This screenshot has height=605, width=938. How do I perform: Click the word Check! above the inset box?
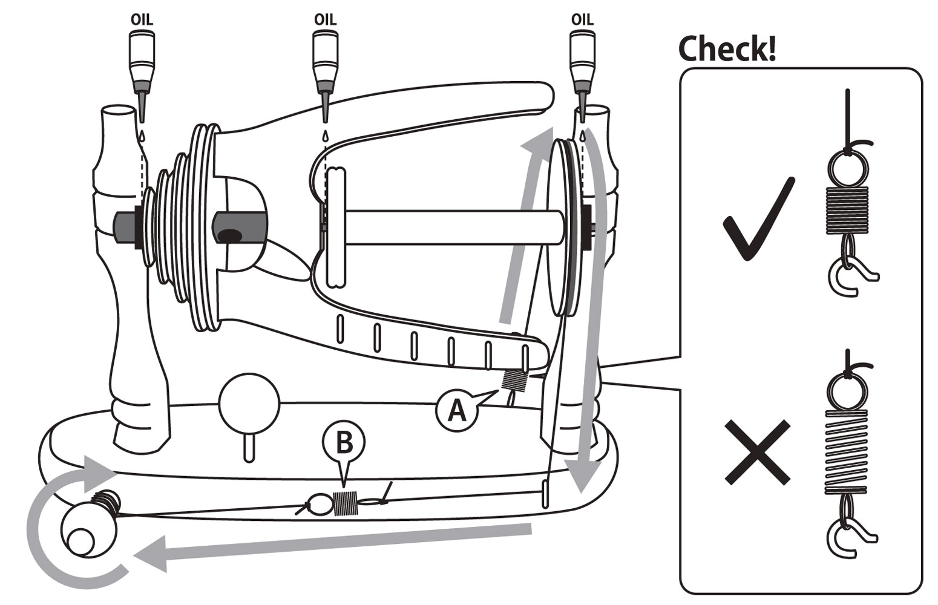click(x=726, y=48)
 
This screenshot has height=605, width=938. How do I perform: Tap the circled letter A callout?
click(x=456, y=411)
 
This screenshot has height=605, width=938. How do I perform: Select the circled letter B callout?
click(x=344, y=444)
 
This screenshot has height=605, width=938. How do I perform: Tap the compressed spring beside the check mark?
click(x=847, y=209)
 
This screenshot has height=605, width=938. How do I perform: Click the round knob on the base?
click(x=249, y=402)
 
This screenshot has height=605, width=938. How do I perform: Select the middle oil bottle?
click(x=325, y=60)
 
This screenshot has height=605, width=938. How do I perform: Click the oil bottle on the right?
click(x=582, y=60)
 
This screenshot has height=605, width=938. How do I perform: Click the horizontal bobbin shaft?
click(x=448, y=227)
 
